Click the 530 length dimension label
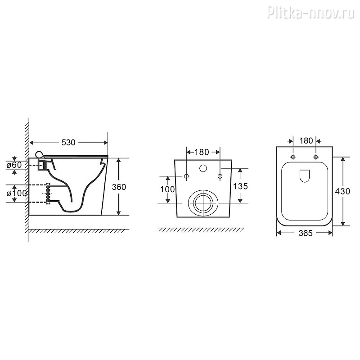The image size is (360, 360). click(68, 143)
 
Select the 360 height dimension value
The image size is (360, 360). click(119, 187)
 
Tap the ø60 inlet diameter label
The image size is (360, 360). click(14, 165)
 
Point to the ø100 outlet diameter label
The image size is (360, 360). click(17, 193)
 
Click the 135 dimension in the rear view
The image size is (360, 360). click(240, 186)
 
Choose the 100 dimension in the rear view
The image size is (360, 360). click(167, 189)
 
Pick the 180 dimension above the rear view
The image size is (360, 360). click(202, 152)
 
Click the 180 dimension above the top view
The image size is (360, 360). click(306, 140)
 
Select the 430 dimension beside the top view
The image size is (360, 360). click(342, 191)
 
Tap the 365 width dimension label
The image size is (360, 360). click(306, 233)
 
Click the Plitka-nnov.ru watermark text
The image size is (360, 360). click(311, 12)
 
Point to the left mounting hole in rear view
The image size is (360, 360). click(186, 176)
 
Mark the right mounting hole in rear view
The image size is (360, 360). click(220, 176)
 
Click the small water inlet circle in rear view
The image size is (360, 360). click(203, 168)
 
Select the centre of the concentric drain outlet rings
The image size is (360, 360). click(203, 203)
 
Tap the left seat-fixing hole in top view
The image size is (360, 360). click(293, 157)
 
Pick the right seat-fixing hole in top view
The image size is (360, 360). click(316, 157)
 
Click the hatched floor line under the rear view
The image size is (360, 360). click(201, 229)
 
